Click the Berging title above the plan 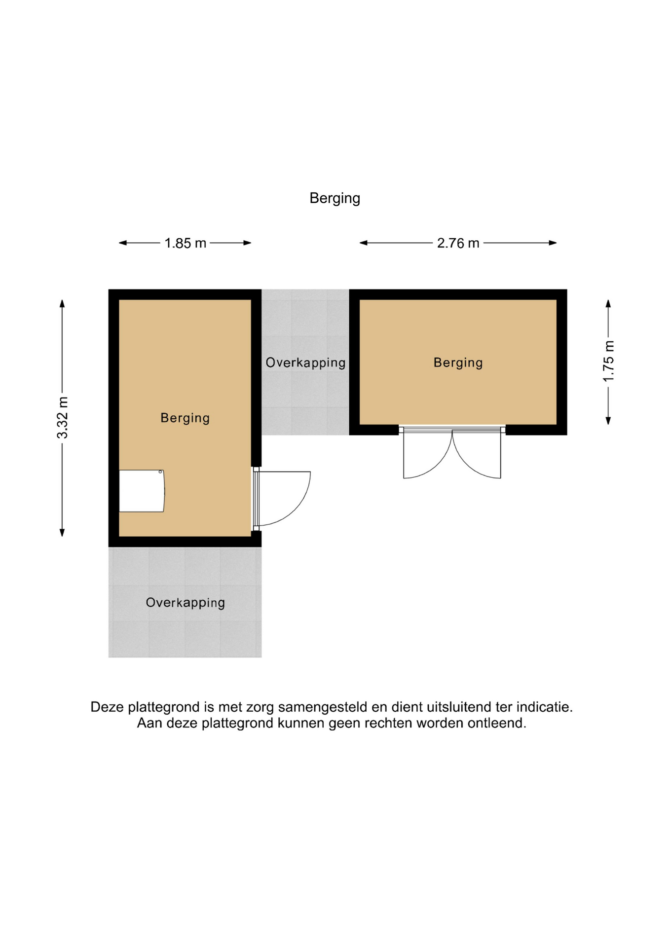(335, 198)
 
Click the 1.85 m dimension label (185, 243)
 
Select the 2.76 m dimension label (458, 243)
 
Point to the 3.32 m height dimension (62, 417)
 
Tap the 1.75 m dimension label (608, 362)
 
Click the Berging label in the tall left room (185, 418)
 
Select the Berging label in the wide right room (458, 363)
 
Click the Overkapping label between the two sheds (305, 363)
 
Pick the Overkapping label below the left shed (185, 603)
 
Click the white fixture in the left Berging (142, 491)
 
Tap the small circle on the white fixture (160, 472)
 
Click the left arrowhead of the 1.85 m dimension (123, 243)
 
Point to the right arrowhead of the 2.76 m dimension (553, 243)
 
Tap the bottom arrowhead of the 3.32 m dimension (62, 532)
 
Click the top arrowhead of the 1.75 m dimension (608, 304)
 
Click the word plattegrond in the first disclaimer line (164, 707)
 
